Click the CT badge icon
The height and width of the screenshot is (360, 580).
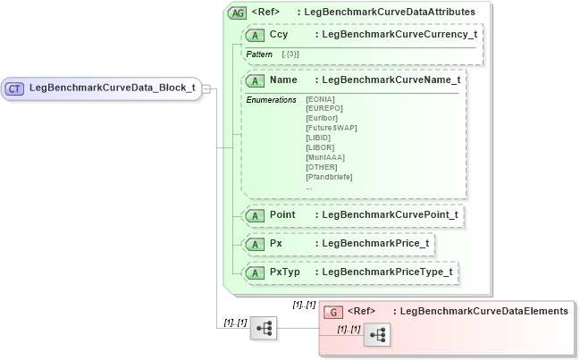(x=15, y=88)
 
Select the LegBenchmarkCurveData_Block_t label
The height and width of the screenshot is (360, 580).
(x=112, y=88)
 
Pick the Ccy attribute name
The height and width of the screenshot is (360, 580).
(x=278, y=34)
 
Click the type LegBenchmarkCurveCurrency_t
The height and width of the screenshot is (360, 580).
(x=399, y=34)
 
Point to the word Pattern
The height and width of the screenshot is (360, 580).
(x=260, y=54)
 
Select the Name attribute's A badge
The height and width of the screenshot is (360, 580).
(x=256, y=80)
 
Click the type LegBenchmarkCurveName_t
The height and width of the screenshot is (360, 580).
(x=391, y=80)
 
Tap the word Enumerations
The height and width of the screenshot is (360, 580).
(x=271, y=99)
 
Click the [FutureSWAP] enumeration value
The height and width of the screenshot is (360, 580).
(x=332, y=129)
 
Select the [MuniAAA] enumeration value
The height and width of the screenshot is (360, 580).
(x=325, y=158)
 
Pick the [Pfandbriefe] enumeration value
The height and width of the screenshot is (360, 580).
(x=329, y=177)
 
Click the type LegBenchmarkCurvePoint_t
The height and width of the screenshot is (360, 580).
(x=390, y=214)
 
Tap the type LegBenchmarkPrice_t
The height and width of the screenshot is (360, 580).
(x=375, y=242)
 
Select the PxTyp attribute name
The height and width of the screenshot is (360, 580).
(x=284, y=271)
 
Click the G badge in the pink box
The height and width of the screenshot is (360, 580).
(x=332, y=312)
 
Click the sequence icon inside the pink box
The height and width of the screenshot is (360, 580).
(x=377, y=335)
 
